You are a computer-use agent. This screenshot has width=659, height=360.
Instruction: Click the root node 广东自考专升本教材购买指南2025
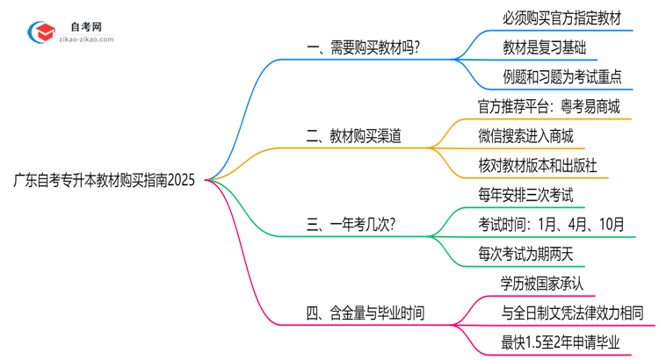click(105, 181)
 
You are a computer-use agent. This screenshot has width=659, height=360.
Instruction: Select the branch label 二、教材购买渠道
click(355, 136)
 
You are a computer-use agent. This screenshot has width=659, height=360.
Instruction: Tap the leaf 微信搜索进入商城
click(525, 136)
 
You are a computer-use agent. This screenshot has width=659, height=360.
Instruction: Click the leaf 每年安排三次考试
click(525, 195)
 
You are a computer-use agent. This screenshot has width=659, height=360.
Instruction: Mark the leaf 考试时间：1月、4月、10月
click(552, 225)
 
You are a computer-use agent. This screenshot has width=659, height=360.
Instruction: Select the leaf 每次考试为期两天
click(525, 255)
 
